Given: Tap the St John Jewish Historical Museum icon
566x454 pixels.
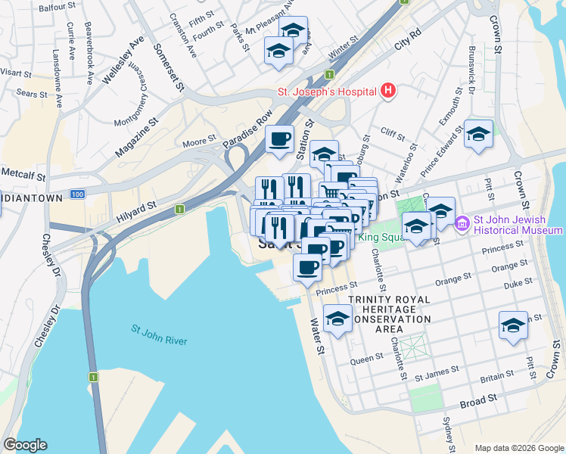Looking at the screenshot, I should pyautogui.click(x=462, y=224).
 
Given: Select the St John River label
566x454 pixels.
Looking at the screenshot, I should pyautogui.click(x=159, y=335).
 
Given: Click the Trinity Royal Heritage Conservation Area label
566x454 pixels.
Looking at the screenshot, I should pyautogui.click(x=390, y=309).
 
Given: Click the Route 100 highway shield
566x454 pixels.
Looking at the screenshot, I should pyautogui.click(x=76, y=194).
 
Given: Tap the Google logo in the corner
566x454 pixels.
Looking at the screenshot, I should pyautogui.click(x=25, y=445).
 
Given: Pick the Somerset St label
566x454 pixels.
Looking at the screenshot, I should pyautogui.click(x=169, y=65).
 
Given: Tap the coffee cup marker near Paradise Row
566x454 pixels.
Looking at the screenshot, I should pyautogui.click(x=279, y=139).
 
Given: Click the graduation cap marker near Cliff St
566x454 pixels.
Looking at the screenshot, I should pyautogui.click(x=478, y=134).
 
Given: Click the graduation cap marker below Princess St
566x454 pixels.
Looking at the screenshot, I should pyautogui.click(x=337, y=319).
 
